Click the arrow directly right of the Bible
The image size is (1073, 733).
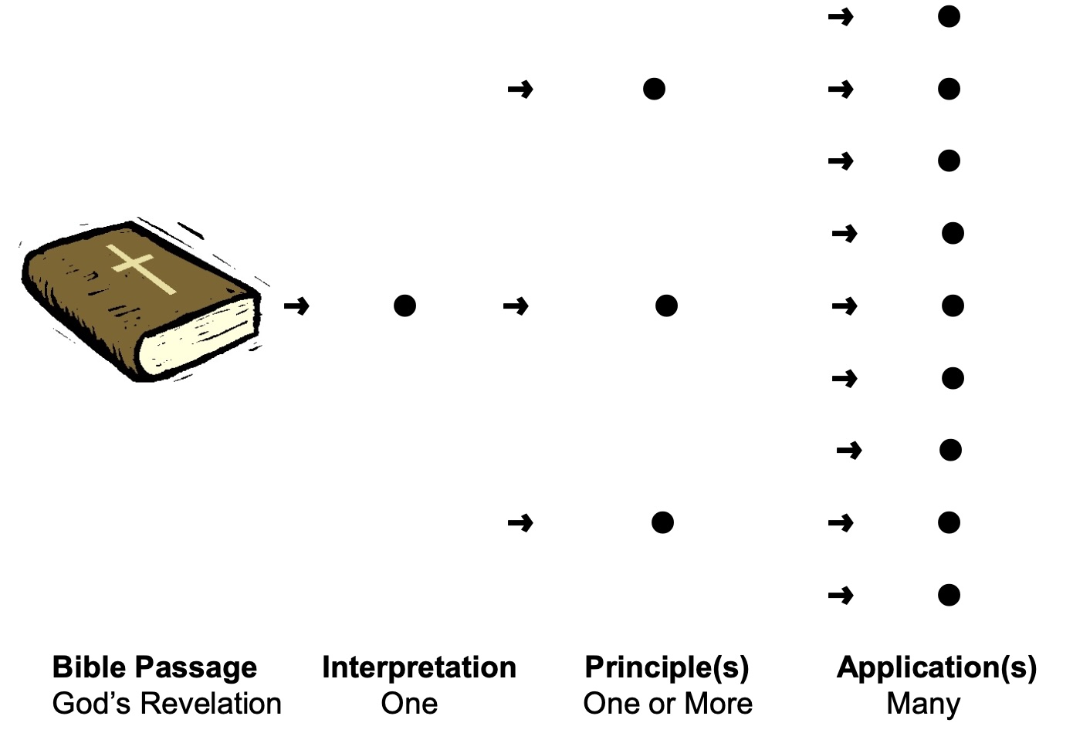point(296,306)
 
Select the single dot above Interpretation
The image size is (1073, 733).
point(404,306)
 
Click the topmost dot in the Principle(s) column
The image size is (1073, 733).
point(654,90)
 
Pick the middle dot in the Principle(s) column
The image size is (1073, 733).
point(666,306)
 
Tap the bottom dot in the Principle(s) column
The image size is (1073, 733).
point(662,523)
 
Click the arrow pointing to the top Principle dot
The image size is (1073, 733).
point(520,90)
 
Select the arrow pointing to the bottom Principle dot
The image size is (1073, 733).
point(520,523)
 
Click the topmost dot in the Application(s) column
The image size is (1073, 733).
point(949,16)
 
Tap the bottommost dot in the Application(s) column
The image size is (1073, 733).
point(949,595)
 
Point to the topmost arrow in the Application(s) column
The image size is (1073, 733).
point(841,16)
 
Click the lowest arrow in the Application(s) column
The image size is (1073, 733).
point(841,595)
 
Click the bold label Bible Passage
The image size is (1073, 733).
point(154,667)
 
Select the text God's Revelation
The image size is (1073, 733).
point(167,704)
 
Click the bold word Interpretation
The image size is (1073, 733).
point(419,667)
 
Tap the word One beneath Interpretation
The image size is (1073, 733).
point(409,704)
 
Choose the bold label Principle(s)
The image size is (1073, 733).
point(667,667)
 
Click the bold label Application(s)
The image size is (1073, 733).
point(936,667)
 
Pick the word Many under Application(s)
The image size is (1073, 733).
point(923,704)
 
